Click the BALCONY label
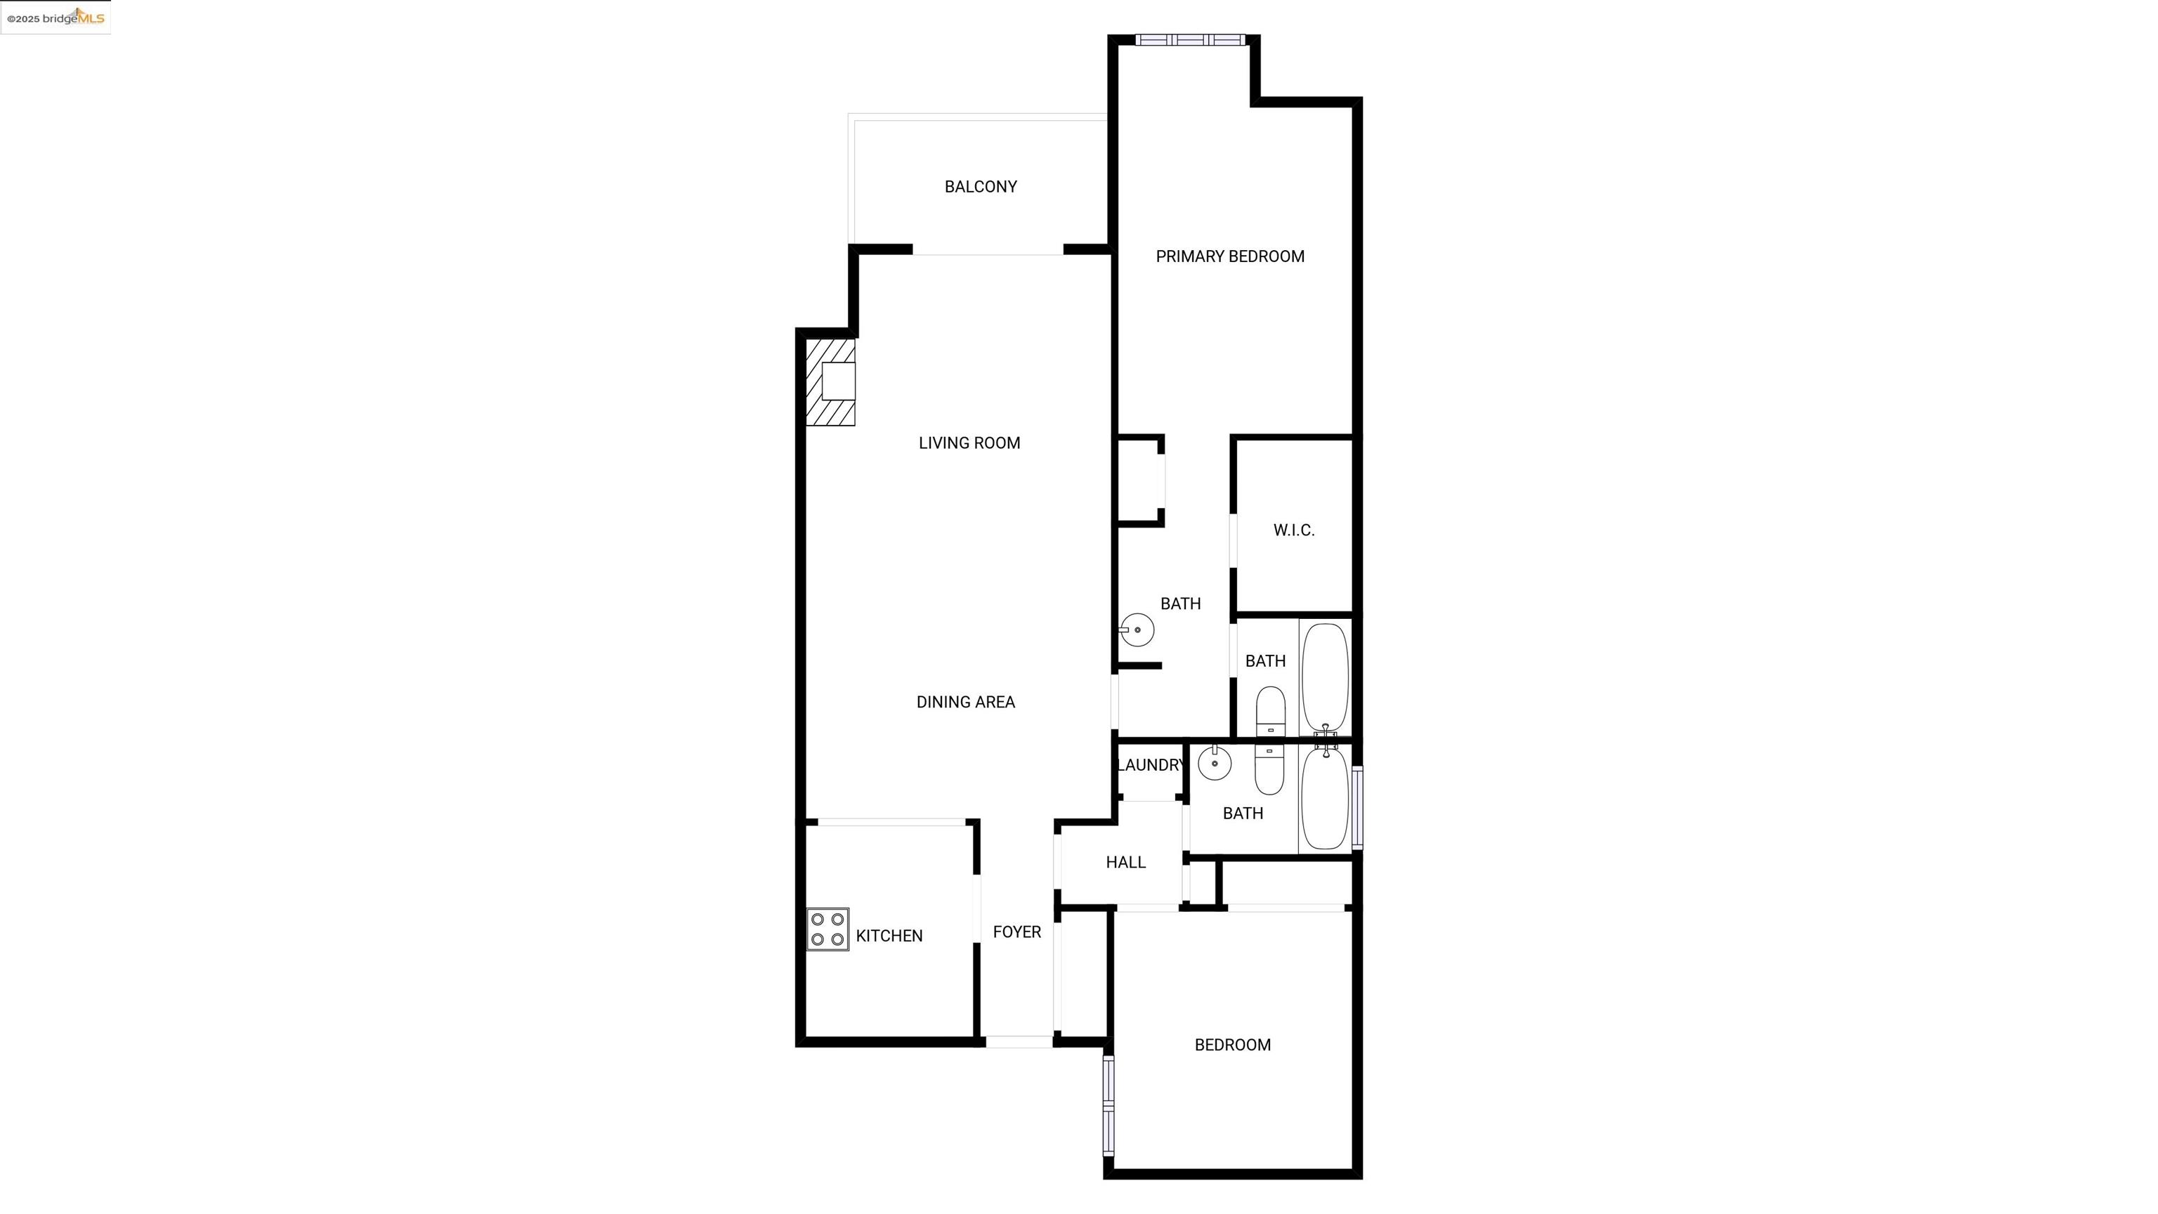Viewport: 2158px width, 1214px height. click(x=980, y=187)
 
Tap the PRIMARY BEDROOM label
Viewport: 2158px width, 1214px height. click(x=1230, y=256)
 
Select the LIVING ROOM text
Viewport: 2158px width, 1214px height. click(x=969, y=443)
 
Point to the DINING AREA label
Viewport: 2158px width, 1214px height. click(x=965, y=702)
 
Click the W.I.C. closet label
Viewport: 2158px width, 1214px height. click(x=1293, y=530)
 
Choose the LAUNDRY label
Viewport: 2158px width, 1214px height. click(x=1150, y=765)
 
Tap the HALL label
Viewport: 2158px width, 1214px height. click(x=1125, y=862)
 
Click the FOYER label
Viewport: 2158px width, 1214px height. click(x=1016, y=932)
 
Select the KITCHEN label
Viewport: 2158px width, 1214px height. click(x=889, y=936)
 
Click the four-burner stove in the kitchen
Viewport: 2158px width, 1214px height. click(x=828, y=929)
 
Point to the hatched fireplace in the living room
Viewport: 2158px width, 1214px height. click(x=830, y=382)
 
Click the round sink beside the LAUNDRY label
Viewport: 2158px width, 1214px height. click(x=1215, y=763)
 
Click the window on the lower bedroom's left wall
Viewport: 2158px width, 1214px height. click(x=1109, y=1106)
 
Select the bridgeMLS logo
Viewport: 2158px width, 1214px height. click(x=56, y=17)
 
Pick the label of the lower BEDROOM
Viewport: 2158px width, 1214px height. click(x=1232, y=1045)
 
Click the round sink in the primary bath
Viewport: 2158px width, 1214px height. click(x=1137, y=630)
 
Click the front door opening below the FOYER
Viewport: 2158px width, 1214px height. click(x=1019, y=1041)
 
